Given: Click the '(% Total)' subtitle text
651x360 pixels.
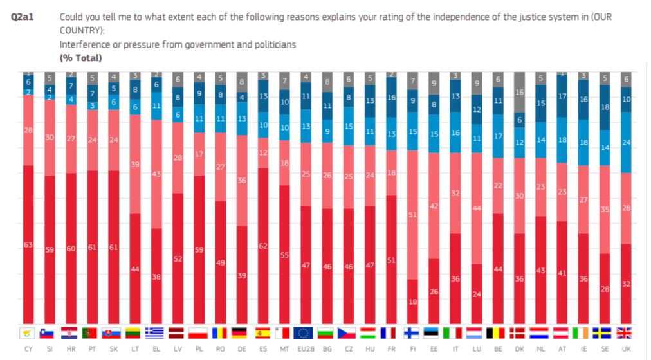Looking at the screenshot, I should point(80,57).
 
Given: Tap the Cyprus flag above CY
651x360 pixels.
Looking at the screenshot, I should point(28,332).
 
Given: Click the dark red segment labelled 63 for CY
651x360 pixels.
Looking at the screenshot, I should point(28,244).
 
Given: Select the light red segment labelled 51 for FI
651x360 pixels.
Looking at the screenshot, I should point(412,215).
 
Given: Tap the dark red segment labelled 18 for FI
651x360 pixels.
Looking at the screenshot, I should point(412,301).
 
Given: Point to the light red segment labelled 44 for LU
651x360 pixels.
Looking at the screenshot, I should point(476,208).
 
